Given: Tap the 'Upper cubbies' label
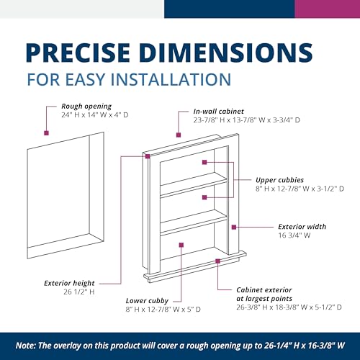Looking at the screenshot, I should pos(279,179).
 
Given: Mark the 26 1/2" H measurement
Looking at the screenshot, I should pos(59,293).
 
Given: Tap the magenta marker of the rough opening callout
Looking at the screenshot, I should pos(47,132).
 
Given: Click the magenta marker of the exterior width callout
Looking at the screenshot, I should pos(235,228).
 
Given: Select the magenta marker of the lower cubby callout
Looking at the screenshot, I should pos(181,246).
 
